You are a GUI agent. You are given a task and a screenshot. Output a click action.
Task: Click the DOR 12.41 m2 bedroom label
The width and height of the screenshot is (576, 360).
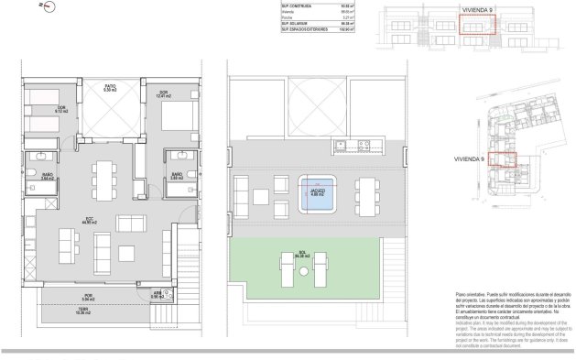(x=163, y=93)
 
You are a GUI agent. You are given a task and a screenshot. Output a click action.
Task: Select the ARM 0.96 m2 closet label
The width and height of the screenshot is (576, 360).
(x=156, y=296)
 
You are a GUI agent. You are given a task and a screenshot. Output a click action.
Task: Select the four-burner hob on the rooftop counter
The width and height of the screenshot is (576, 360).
(x=365, y=143)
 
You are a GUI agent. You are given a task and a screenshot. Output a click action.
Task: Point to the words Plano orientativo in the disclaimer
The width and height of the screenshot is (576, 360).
(x=472, y=296)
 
